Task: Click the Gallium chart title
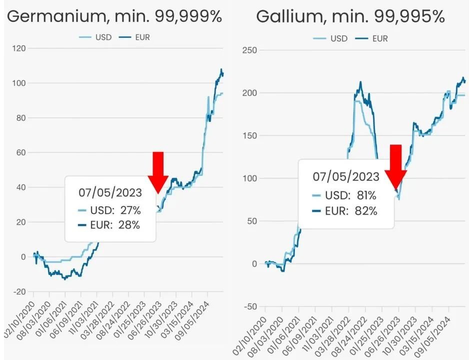pos(350,16)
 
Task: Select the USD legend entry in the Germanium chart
pos(95,37)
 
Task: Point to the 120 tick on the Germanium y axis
pos(20,48)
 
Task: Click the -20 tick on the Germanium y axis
pos(20,292)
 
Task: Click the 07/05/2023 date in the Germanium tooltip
pos(110,192)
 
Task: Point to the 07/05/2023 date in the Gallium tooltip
pos(346,176)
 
